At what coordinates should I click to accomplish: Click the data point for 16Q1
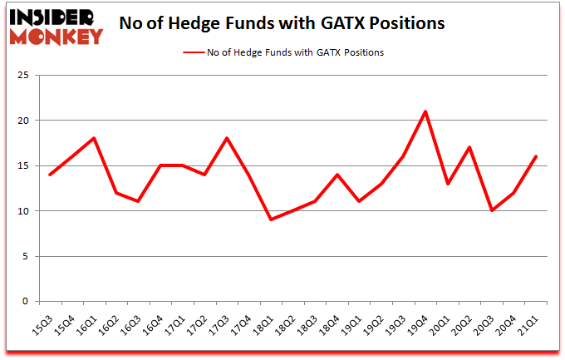pos(95,138)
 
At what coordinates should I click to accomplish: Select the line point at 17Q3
pos(227,138)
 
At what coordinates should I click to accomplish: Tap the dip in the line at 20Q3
pos(492,210)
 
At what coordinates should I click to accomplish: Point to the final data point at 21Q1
pos(536,156)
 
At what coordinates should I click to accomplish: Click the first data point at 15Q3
pos(51,175)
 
